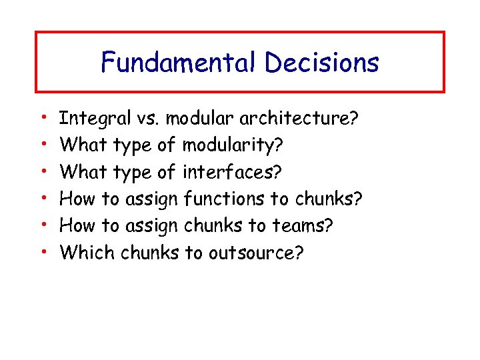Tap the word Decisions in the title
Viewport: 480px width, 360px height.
coord(322,63)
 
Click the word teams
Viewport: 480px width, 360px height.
coord(306,225)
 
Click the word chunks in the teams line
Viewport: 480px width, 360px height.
coord(213,225)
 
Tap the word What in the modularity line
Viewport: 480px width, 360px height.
coord(85,146)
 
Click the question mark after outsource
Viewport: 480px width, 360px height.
coord(299,252)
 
